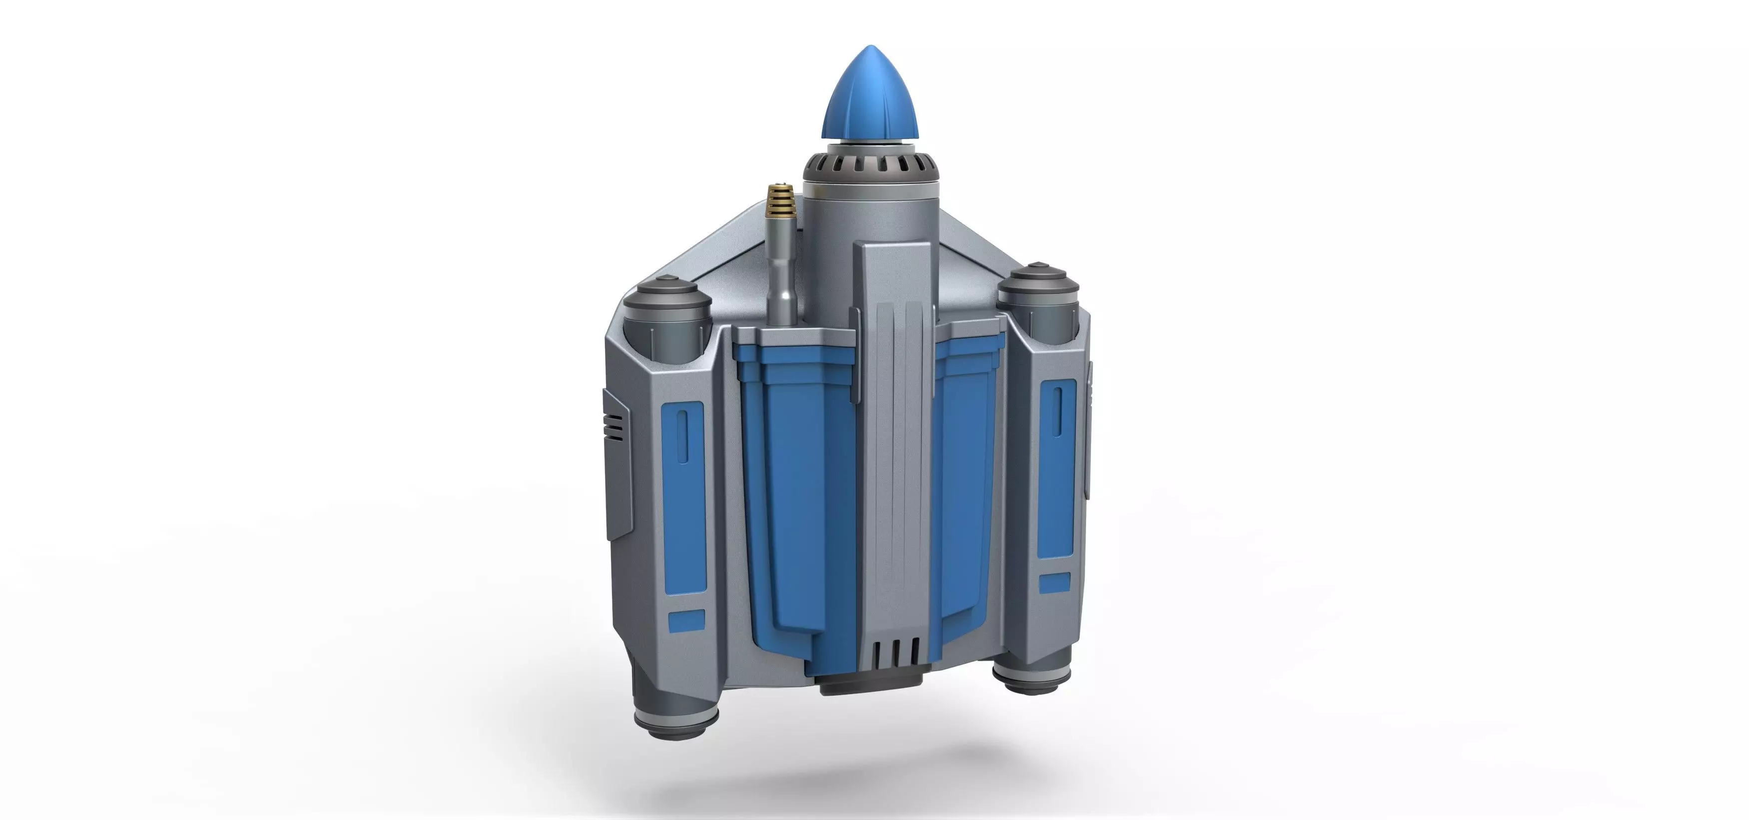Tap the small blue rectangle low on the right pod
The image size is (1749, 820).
pyautogui.click(x=1055, y=582)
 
